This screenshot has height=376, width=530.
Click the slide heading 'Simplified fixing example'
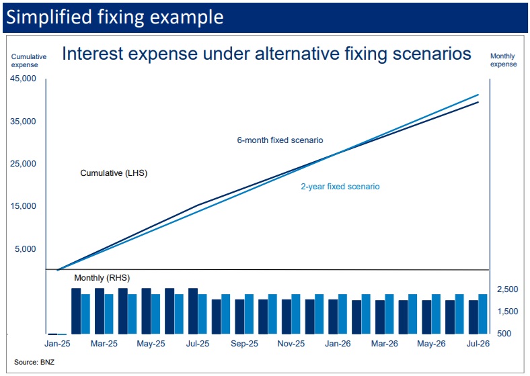[114, 17]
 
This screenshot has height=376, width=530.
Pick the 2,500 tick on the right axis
[507, 289]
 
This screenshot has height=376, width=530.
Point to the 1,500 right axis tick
[507, 312]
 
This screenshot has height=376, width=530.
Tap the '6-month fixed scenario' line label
[280, 140]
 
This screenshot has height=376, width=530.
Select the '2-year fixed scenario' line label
[340, 186]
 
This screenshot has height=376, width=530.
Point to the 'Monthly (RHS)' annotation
[102, 278]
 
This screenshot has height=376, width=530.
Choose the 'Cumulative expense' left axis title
[29, 60]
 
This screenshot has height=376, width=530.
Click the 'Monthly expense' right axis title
[504, 60]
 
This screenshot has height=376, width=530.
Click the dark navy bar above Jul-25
[193, 311]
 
